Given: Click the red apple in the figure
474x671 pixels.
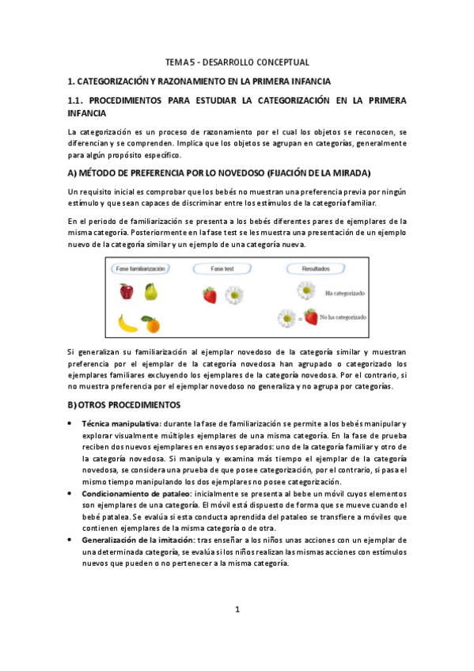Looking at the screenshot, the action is [x=127, y=291].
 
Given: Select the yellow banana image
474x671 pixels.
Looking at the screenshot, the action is [x=127, y=322].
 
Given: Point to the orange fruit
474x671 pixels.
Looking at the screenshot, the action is [x=150, y=323].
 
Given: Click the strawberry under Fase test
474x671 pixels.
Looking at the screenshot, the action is [x=210, y=295].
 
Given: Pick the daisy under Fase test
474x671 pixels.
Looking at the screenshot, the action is [x=233, y=295].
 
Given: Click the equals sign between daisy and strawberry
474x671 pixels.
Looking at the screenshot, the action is [x=298, y=318].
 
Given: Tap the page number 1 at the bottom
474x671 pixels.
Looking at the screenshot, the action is [x=237, y=608].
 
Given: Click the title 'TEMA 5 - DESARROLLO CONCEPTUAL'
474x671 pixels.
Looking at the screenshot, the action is [x=237, y=62].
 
